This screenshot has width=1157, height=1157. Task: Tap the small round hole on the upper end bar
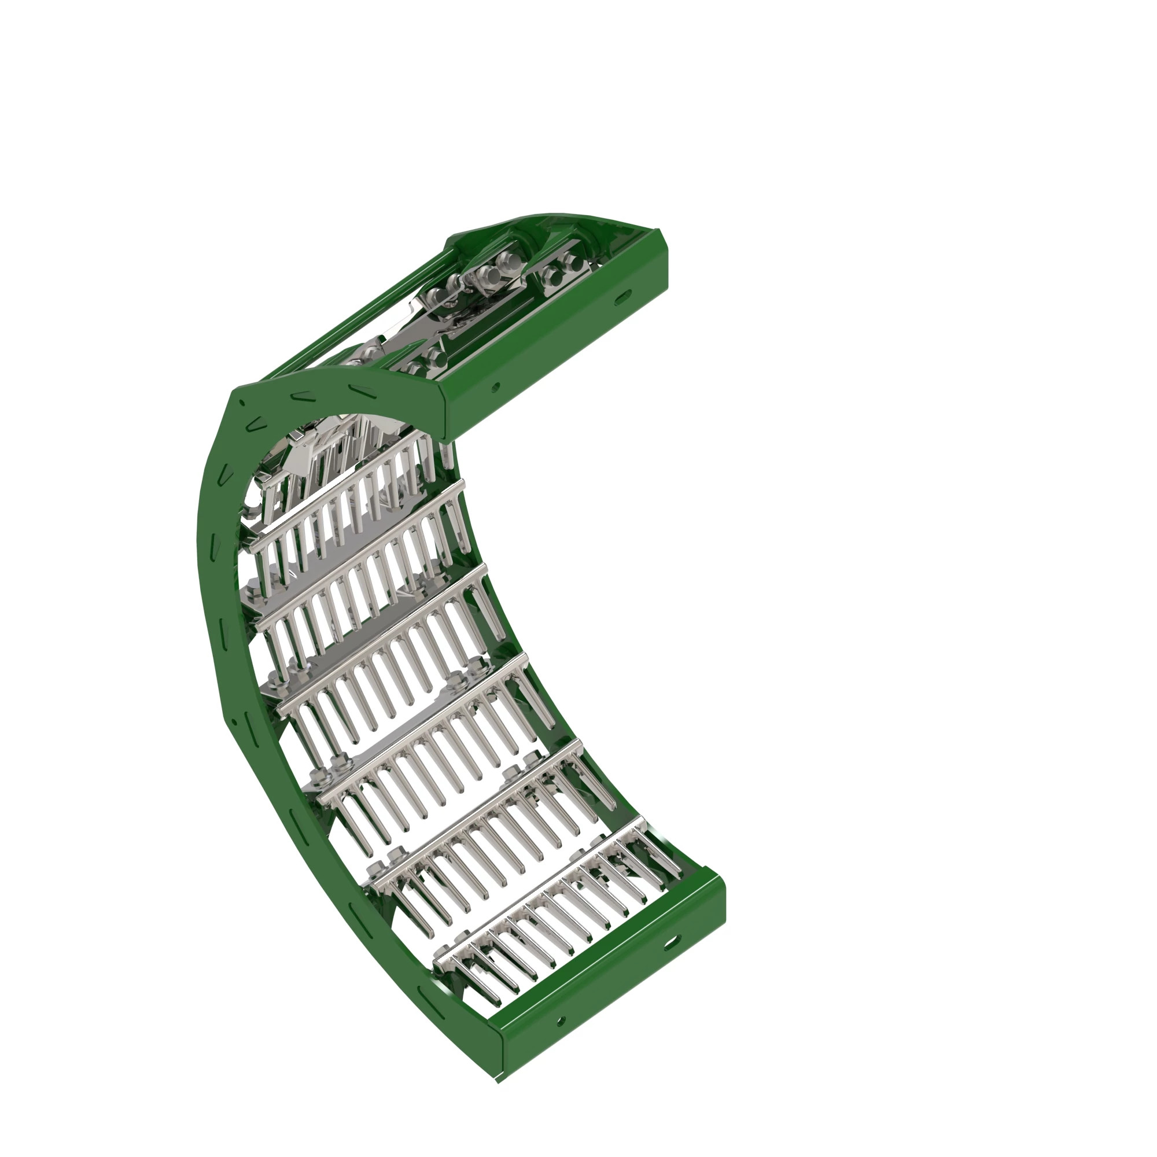pyautogui.click(x=495, y=388)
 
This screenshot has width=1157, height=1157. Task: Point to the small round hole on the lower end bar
pyautogui.click(x=561, y=1020)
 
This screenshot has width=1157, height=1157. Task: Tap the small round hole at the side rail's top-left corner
pyautogui.click(x=242, y=403)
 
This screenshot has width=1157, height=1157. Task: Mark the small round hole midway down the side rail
pyautogui.click(x=235, y=721)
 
